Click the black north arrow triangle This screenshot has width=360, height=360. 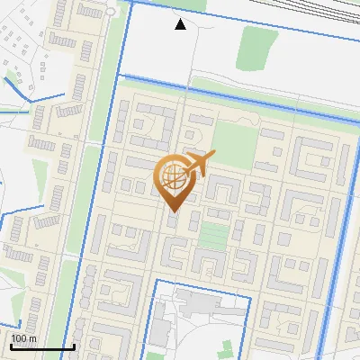tap(181, 24)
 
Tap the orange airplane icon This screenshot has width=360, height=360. tap(197, 165)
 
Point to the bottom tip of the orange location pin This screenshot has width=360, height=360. tap(172, 212)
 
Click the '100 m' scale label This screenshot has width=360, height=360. tap(23, 338)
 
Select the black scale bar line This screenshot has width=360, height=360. tap(42, 346)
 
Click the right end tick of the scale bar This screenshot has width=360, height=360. tap(74, 345)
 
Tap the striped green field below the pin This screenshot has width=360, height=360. tap(213, 236)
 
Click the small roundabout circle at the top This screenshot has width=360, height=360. tap(109, 12)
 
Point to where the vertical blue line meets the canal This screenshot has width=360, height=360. tap(117, 79)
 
